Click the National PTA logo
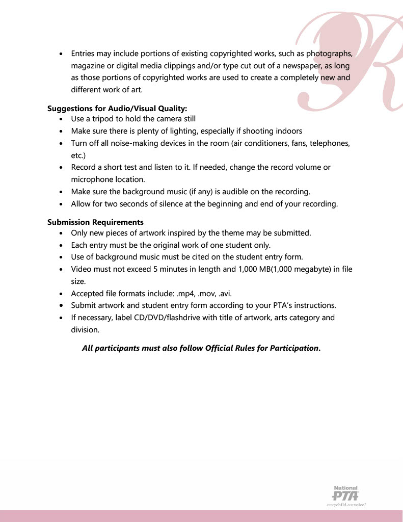(x=346, y=495)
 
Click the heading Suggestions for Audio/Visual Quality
(x=117, y=108)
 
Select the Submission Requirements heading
(x=95, y=222)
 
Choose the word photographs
(x=329, y=54)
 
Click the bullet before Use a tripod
(x=61, y=119)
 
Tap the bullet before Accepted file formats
(x=61, y=294)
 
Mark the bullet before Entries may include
(x=61, y=54)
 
